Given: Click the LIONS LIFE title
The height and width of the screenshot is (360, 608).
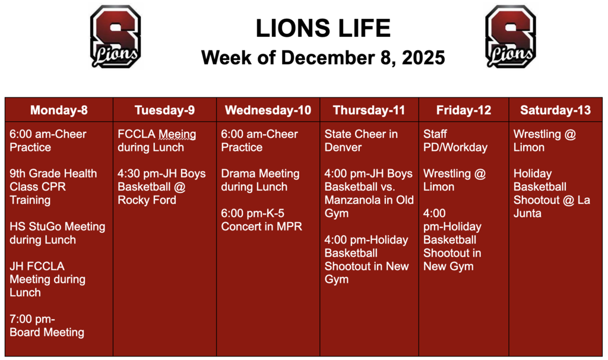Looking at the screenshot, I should click(323, 28).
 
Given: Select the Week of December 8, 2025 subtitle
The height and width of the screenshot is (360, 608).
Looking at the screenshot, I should click(323, 58).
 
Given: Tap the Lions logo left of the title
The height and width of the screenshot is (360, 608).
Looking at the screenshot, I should click(115, 36).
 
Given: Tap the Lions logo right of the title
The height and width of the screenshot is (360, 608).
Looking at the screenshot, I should click(511, 36).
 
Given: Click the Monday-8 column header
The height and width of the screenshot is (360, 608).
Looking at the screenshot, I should click(59, 110).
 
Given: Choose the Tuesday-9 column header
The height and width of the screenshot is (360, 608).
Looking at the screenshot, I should click(164, 110).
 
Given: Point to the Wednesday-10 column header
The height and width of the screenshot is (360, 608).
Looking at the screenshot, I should click(268, 110).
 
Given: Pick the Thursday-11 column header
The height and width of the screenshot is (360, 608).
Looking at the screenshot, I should click(369, 110).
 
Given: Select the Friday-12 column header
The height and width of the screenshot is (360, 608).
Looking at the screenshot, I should click(464, 110).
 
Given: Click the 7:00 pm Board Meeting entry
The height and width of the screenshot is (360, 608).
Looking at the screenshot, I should click(46, 326).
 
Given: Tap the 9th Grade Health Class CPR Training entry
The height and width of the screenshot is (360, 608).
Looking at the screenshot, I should click(53, 187).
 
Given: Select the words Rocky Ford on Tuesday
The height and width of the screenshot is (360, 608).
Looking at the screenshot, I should click(147, 200).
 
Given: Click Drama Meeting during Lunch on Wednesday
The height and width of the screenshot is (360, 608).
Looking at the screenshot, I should click(259, 180).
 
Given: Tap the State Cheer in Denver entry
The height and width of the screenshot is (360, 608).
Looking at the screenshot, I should click(360, 141).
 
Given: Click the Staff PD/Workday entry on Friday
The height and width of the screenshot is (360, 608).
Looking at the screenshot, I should click(455, 141).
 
